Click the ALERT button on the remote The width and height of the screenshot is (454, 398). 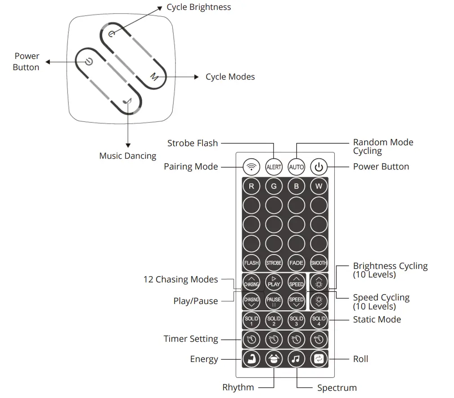(274, 167)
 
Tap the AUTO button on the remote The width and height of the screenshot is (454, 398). (296, 167)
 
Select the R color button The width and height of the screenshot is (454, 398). (251, 186)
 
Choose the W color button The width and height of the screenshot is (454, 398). (319, 186)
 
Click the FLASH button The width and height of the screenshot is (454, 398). (251, 263)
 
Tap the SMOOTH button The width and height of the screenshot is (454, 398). (319, 263)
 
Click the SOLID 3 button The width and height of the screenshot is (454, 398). (296, 320)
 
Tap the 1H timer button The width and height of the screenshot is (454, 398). (251, 340)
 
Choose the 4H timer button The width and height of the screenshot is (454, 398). (319, 340)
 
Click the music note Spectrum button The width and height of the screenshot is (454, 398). (296, 359)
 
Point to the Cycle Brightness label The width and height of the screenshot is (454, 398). (198, 7)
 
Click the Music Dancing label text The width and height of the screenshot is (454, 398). (128, 156)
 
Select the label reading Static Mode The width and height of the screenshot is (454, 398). (377, 320)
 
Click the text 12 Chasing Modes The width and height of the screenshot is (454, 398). (180, 280)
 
